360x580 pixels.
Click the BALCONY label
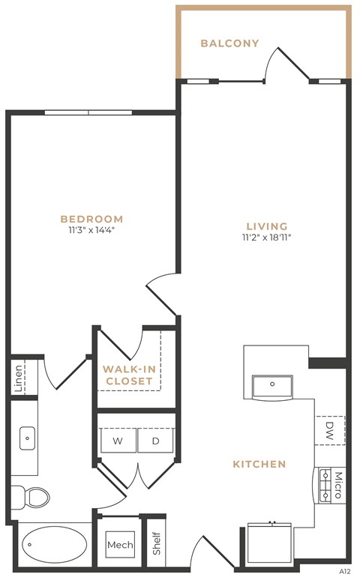pos(229,43)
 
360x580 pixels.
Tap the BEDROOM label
pos(91,219)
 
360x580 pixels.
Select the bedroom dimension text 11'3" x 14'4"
pos(91,230)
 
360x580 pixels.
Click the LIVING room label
pos(267,226)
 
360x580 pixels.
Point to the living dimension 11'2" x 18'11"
pos(266,238)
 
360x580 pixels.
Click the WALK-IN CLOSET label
pos(129,375)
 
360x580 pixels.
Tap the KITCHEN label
pos(259,464)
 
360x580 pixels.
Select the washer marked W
pos(118,441)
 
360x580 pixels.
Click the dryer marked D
pos(156,441)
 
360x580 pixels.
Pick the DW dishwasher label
pos(330,430)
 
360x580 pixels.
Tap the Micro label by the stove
pos(337,485)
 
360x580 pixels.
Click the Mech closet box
pos(119,545)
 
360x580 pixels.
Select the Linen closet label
pos(18,378)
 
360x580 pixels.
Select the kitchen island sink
pos(272,387)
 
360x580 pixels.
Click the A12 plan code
pos(345,571)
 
